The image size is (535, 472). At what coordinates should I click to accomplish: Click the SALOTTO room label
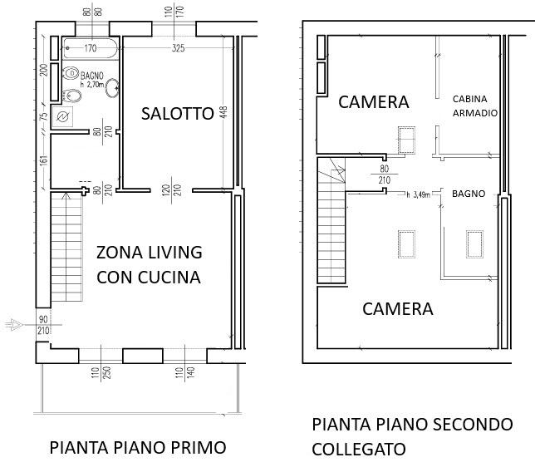click(x=178, y=114)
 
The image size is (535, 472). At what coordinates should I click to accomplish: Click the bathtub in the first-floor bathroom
click(x=91, y=48)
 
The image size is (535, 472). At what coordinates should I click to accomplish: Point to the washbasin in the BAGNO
click(x=112, y=88)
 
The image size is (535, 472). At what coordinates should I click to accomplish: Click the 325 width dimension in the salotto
click(x=178, y=48)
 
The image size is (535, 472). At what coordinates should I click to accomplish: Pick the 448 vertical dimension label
click(x=223, y=113)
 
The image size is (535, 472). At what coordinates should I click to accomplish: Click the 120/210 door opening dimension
click(x=172, y=190)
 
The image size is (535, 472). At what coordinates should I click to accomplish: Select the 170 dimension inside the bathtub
click(x=91, y=48)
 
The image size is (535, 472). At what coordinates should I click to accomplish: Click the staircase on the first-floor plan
click(x=66, y=247)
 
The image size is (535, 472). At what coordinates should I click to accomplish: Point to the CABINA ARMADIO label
click(x=475, y=106)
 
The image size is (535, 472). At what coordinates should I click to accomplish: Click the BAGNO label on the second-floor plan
click(x=469, y=194)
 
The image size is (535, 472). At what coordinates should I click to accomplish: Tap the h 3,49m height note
click(x=419, y=195)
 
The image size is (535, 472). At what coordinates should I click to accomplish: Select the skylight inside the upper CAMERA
click(x=407, y=140)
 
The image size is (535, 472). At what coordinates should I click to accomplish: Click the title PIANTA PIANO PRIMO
click(x=138, y=447)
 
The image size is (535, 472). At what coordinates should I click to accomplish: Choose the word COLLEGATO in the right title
click(x=359, y=449)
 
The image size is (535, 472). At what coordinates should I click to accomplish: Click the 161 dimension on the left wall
click(x=44, y=161)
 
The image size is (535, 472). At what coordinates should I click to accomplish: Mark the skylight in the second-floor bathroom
click(x=474, y=244)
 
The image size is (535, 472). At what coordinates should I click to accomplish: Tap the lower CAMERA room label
click(x=398, y=309)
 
